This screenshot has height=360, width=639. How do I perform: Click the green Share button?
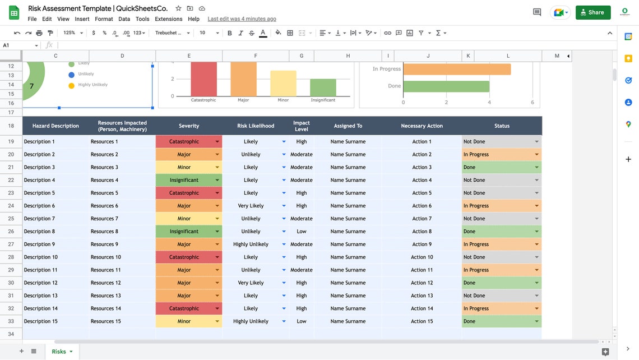(592, 12)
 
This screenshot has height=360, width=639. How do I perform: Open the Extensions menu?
(168, 19)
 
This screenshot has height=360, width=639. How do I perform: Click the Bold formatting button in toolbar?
(230, 33)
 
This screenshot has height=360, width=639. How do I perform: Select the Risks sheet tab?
(59, 352)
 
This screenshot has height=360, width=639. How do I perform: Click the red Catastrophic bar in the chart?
(203, 79)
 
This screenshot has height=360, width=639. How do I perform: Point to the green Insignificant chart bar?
(323, 87)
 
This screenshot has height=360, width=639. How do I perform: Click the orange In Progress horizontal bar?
(457, 69)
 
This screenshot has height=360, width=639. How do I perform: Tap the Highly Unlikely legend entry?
(92, 85)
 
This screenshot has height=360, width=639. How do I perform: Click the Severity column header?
(189, 126)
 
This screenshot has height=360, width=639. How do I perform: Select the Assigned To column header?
(348, 126)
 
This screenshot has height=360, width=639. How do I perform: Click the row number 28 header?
(11, 257)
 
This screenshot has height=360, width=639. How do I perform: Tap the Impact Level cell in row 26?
(302, 232)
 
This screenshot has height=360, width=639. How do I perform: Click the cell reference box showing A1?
(20, 45)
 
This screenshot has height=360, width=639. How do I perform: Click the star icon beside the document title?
(178, 8)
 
